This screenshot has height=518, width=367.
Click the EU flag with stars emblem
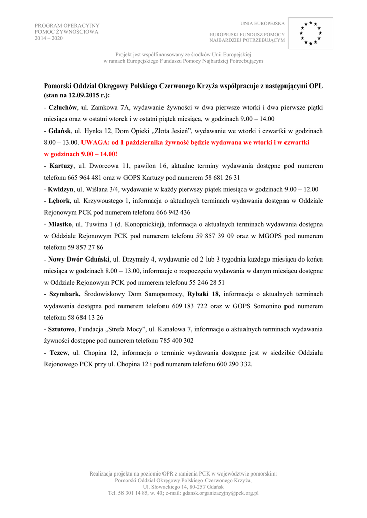311,32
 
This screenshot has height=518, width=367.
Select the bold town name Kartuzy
61,166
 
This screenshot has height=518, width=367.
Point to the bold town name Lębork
59,201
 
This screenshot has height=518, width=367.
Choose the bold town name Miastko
60,224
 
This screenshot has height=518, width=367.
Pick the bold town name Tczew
59,353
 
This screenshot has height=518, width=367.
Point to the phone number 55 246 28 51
203,283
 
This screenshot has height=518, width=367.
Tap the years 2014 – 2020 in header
49,38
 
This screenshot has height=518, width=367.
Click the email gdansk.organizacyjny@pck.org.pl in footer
221,492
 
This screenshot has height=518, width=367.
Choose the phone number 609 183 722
190,306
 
